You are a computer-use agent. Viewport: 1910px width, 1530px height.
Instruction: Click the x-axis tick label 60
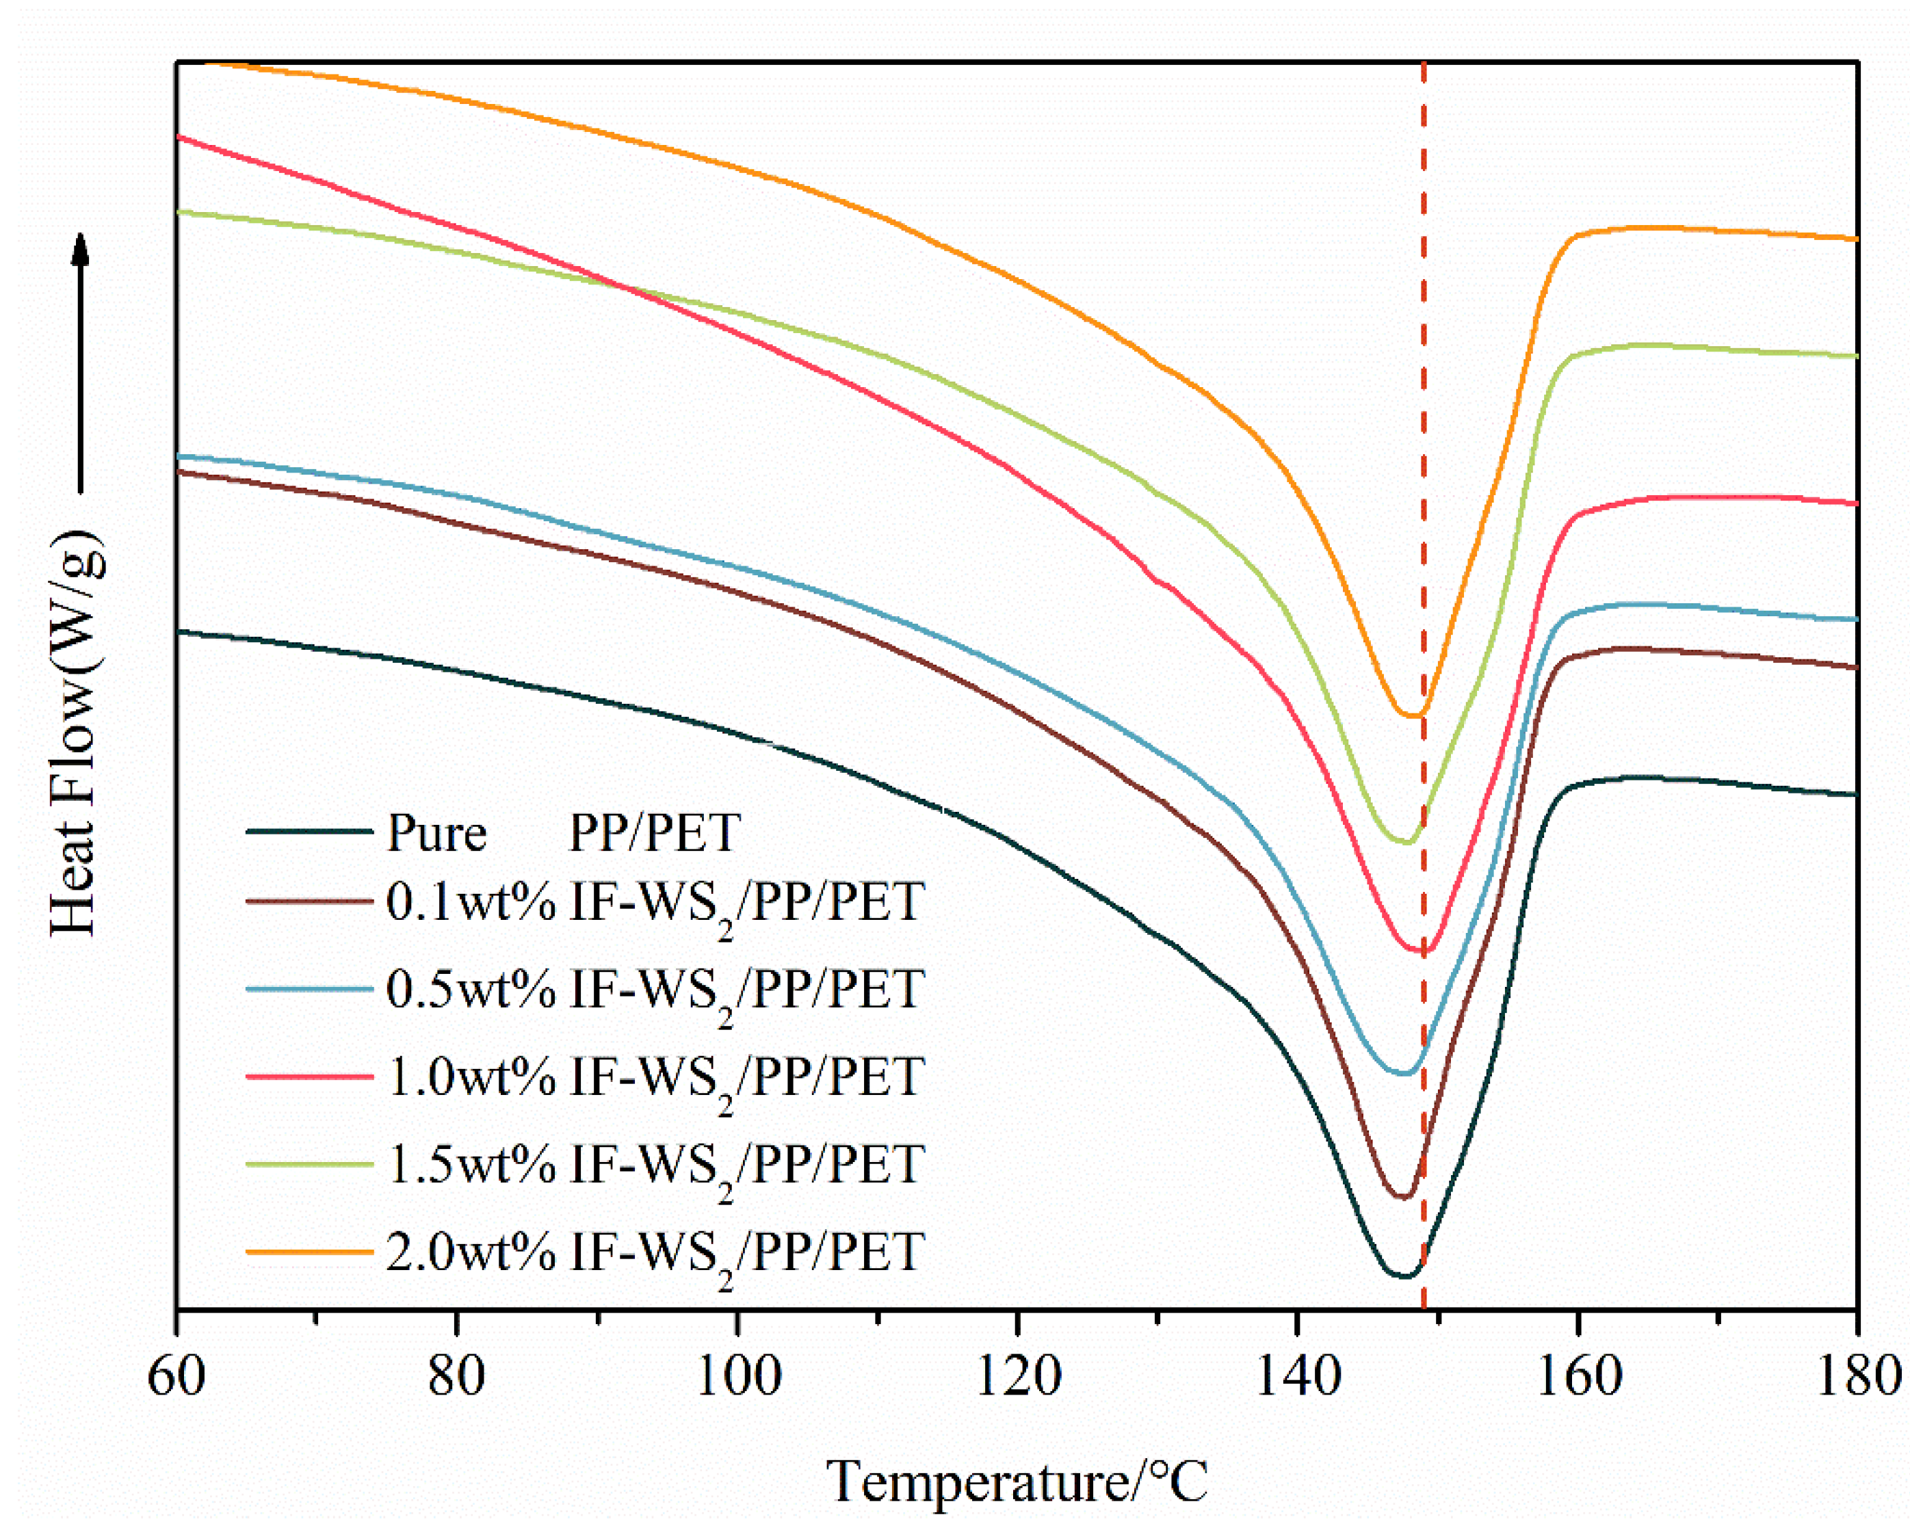pyautogui.click(x=176, y=1377)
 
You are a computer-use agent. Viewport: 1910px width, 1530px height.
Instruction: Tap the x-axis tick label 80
pyautogui.click(x=456, y=1377)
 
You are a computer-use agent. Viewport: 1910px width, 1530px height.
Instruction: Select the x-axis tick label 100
pyautogui.click(x=737, y=1377)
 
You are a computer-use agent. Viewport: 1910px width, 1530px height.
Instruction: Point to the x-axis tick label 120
pyautogui.click(x=1017, y=1377)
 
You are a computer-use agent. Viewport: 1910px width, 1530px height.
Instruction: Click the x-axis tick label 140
pyautogui.click(x=1297, y=1377)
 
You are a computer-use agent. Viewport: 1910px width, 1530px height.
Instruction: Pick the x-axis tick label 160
pyautogui.click(x=1578, y=1377)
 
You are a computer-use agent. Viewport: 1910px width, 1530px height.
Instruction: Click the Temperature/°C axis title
pyautogui.click(x=1017, y=1480)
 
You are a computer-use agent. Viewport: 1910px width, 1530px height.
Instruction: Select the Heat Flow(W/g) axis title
pyautogui.click(x=75, y=732)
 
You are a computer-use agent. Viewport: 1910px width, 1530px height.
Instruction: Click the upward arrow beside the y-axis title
pyautogui.click(x=81, y=363)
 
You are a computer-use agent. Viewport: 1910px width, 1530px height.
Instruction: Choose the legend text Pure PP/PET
pyautogui.click(x=564, y=833)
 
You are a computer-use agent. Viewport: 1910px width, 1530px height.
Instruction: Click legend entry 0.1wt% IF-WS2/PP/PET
pyautogui.click(x=655, y=904)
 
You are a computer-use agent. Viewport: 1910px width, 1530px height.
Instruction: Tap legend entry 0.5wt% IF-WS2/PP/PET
pyautogui.click(x=655, y=990)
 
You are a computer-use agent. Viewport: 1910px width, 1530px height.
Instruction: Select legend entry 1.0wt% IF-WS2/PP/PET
pyautogui.click(x=655, y=1077)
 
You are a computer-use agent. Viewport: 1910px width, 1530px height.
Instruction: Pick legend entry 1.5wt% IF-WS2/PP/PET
pyautogui.click(x=655, y=1164)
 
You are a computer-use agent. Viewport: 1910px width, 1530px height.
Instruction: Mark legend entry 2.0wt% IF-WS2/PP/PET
pyautogui.click(x=655, y=1252)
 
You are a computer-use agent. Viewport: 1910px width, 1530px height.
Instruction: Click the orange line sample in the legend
pyautogui.click(x=309, y=1252)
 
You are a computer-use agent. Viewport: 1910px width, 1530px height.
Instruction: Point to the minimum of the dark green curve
pyautogui.click(x=1404, y=1277)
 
